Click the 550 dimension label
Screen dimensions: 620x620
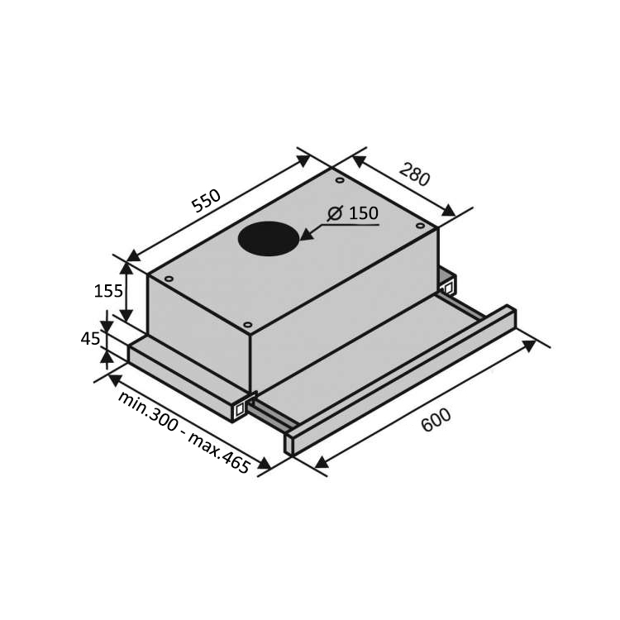pos(206,201)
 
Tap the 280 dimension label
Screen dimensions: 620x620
pos(414,174)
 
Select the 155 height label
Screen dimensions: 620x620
pos(108,292)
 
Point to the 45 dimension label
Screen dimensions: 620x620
pos(91,339)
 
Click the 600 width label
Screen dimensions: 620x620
pos(436,420)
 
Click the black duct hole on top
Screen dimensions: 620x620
pos(269,238)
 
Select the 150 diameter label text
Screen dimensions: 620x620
pos(364,213)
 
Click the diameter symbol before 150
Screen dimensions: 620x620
pos(335,213)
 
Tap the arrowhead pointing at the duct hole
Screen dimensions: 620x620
pos(307,234)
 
